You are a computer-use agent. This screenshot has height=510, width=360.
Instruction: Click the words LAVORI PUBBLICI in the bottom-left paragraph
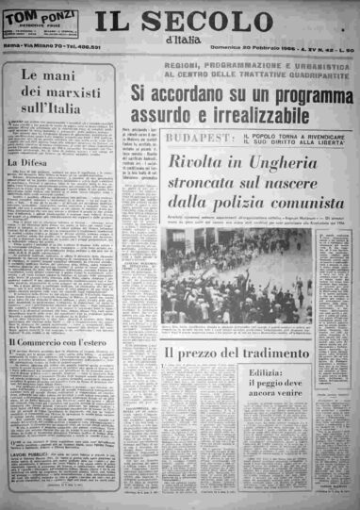(x=29, y=456)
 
